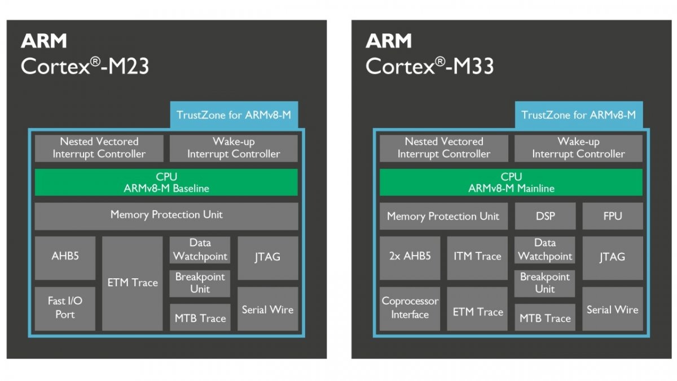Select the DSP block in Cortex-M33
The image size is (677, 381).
point(544,216)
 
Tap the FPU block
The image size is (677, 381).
point(612,216)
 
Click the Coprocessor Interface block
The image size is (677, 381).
point(410,309)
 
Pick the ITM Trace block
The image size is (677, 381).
point(477,257)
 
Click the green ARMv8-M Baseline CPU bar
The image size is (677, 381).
point(166,182)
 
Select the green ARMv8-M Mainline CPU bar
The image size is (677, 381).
point(511,182)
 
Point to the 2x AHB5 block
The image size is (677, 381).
point(410,257)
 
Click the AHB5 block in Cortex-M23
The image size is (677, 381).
point(65,257)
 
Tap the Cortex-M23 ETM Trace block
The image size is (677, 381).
point(133,283)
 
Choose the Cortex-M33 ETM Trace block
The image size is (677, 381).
point(477,311)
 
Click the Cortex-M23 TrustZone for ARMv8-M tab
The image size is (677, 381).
point(234,115)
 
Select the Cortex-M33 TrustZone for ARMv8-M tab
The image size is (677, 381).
point(578,115)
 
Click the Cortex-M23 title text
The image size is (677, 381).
point(85,66)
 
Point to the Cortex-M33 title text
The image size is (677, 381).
point(429,66)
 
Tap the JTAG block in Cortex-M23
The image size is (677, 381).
point(267,257)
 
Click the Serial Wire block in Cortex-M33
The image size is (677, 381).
point(612,309)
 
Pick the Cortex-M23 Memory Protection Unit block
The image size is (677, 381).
point(166,215)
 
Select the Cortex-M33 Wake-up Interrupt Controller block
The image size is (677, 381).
point(578,148)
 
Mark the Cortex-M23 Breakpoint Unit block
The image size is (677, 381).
point(200,283)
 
